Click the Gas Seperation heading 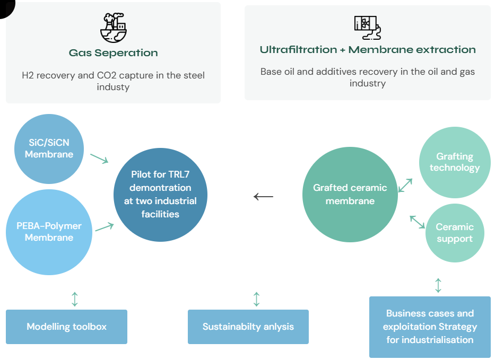click(113, 53)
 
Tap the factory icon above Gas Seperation click(113, 28)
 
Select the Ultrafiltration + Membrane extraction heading click(368, 50)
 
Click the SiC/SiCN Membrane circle click(49, 148)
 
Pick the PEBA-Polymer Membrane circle click(49, 232)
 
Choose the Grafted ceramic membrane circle click(350, 195)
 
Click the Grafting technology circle click(455, 162)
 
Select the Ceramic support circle click(455, 233)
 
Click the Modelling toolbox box click(67, 327)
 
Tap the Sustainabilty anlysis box click(248, 327)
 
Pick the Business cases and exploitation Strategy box click(430, 327)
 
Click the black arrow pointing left click(264, 197)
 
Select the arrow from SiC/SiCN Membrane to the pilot click(99, 158)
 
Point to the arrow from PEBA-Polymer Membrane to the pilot click(105, 227)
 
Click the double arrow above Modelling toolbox click(75, 298)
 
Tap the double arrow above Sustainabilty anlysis click(257, 299)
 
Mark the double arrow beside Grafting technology click(406, 185)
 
